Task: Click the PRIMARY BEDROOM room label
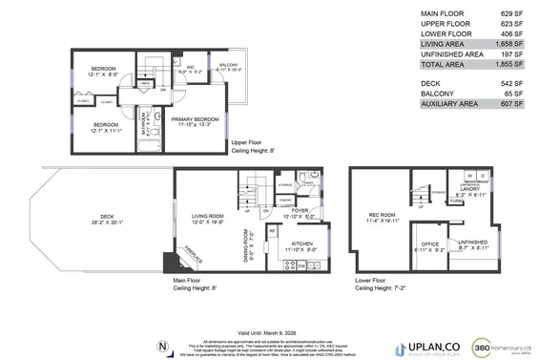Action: [x=196, y=119]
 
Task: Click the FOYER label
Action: [x=300, y=211]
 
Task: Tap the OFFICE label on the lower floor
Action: [x=432, y=244]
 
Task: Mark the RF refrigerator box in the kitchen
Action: [x=272, y=231]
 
